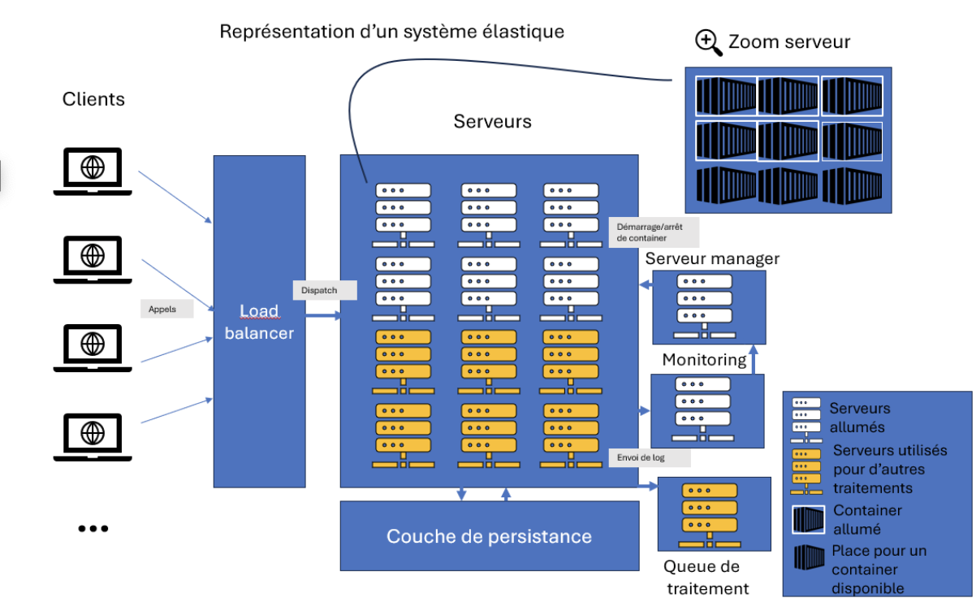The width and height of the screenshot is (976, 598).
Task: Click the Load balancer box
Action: pos(259,322)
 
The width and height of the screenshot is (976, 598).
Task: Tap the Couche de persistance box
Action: pos(489,535)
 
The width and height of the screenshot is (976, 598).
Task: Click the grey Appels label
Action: pos(166,309)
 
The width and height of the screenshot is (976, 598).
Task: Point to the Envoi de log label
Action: pos(649,458)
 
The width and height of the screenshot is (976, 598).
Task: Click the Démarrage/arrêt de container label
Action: pos(652,232)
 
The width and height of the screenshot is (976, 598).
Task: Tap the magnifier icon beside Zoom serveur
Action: pos(709,42)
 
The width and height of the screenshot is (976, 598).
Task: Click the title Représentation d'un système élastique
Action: pos(391,32)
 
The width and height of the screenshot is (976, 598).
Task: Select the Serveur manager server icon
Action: pos(703,307)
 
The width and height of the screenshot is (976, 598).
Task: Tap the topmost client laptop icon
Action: pos(93,171)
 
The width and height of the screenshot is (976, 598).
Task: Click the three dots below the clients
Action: pos(93,528)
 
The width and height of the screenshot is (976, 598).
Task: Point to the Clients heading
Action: pos(93,99)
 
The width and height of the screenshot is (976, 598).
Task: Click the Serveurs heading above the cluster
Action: pos(492,122)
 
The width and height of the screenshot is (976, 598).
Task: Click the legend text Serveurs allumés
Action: pos(859,417)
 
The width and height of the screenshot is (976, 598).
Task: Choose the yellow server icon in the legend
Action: pos(805,470)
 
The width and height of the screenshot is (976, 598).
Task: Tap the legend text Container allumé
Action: pos(867,518)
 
